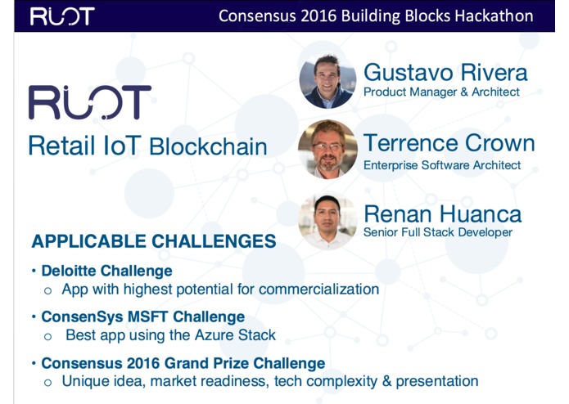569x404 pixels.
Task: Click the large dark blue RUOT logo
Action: pyautogui.click(x=90, y=103)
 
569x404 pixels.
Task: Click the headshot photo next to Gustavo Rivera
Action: pyautogui.click(x=327, y=83)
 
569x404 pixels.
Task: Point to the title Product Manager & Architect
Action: pyautogui.click(x=441, y=92)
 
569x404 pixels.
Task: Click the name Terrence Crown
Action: pyautogui.click(x=449, y=144)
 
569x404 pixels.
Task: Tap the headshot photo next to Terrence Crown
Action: pyautogui.click(x=327, y=150)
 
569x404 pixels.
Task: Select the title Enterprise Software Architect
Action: pyautogui.click(x=442, y=165)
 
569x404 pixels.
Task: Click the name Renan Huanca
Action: pyautogui.click(x=442, y=214)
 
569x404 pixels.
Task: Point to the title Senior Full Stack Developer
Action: pyautogui.click(x=438, y=232)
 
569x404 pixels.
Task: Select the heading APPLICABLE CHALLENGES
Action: pyautogui.click(x=153, y=241)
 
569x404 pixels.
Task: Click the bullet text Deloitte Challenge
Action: pyautogui.click(x=107, y=271)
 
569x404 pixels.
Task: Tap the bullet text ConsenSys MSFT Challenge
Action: pyautogui.click(x=143, y=316)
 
